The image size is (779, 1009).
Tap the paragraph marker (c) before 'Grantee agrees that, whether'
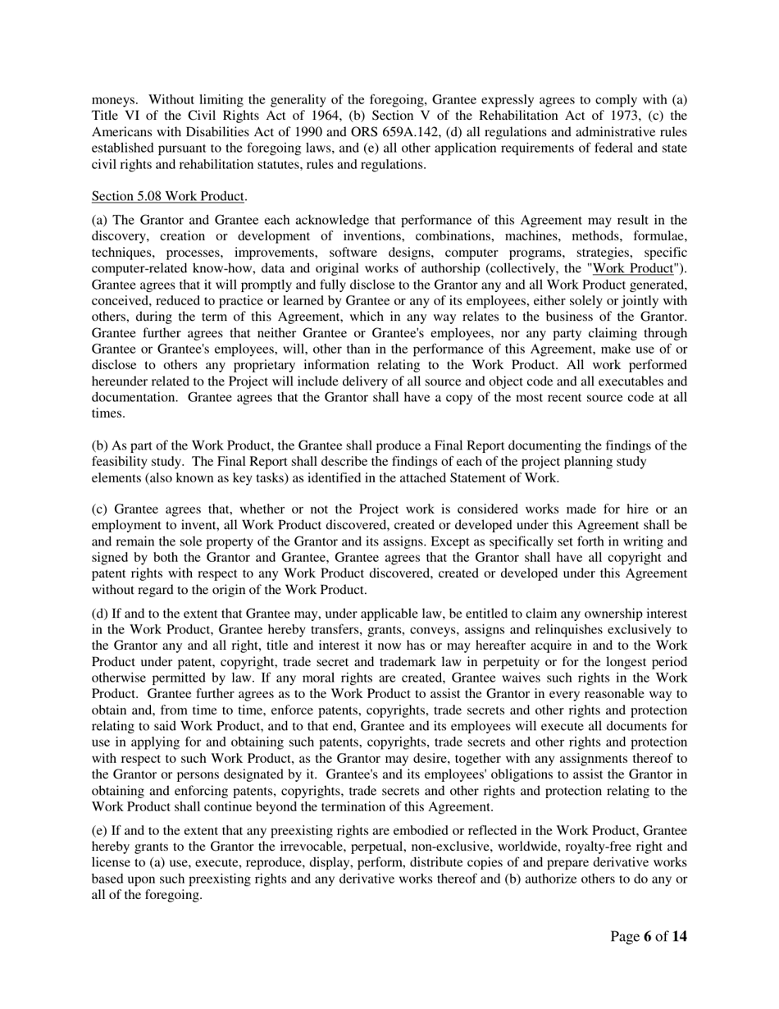(x=101, y=510)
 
